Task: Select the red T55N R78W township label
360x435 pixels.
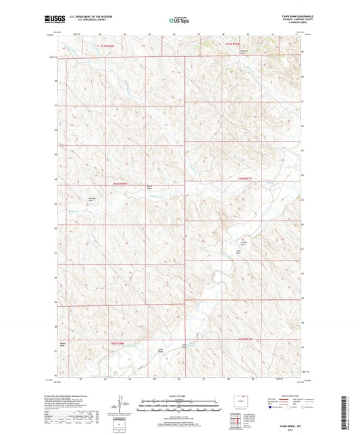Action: click(117, 344)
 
